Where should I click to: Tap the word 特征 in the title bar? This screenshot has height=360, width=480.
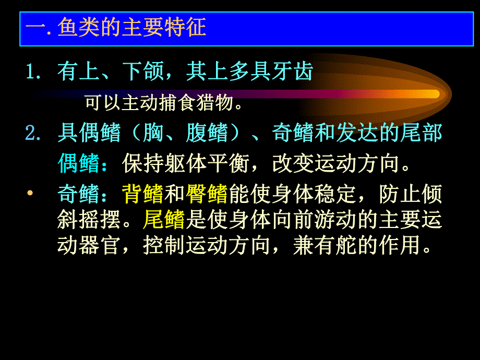[x=185, y=27]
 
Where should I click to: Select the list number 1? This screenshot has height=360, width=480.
[x=32, y=73]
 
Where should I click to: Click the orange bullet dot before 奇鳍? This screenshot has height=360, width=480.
[x=30, y=194]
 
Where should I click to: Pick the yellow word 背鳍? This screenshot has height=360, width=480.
[x=143, y=194]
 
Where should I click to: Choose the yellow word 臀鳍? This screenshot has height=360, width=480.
[x=207, y=194]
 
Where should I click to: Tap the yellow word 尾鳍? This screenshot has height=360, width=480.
[x=164, y=220]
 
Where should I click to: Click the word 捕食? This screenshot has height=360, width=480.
[x=177, y=103]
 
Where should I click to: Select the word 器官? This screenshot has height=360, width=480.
[x=100, y=245]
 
